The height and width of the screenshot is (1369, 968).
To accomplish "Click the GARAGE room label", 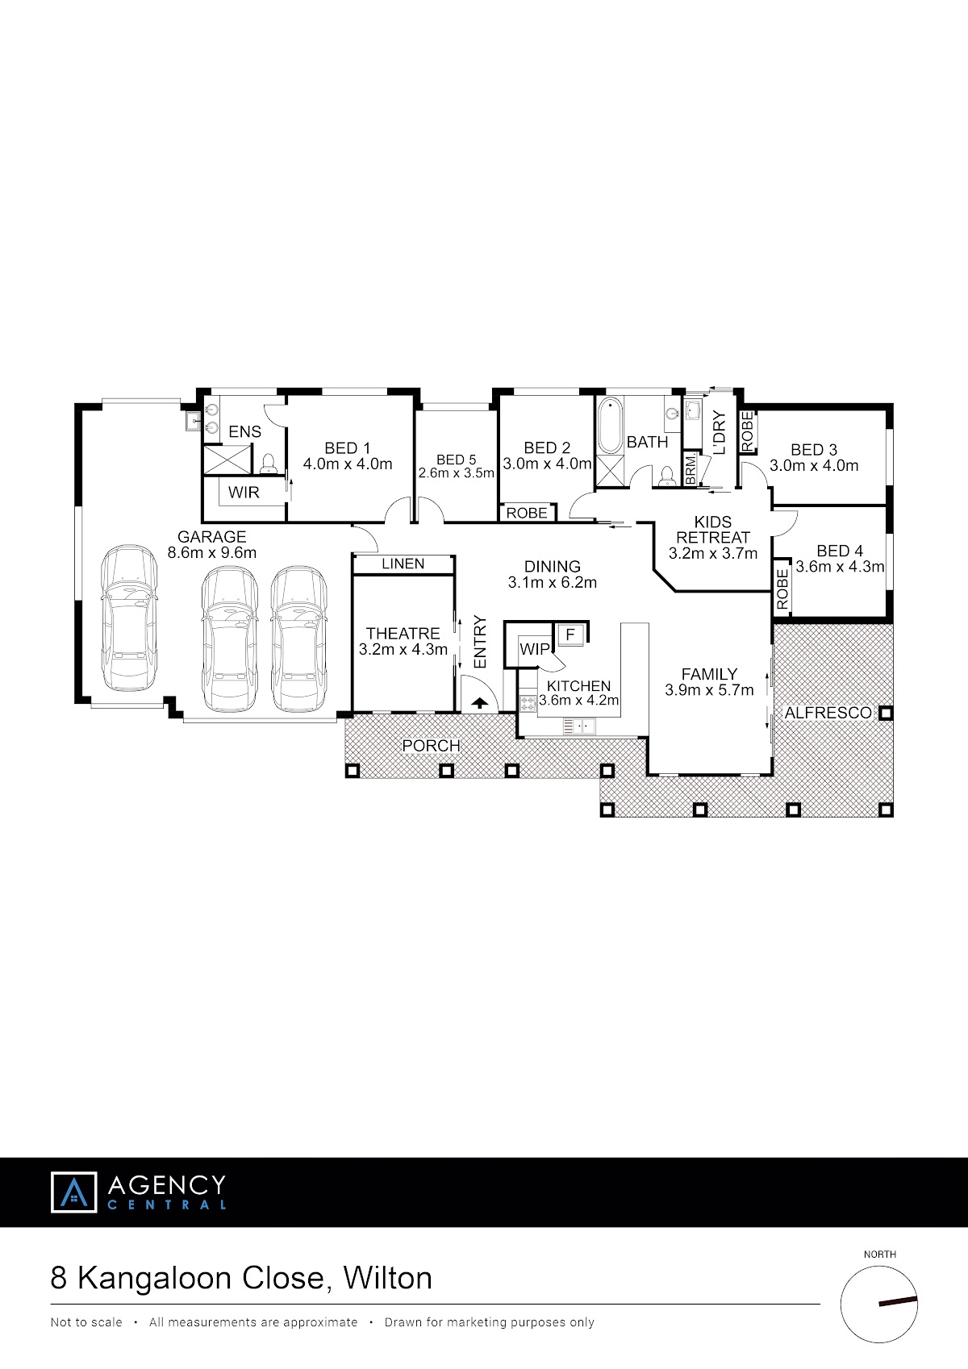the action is (x=211, y=537).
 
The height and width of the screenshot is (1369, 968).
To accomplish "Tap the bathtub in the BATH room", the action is (x=610, y=426).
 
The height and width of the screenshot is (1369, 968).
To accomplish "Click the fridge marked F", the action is (x=570, y=635).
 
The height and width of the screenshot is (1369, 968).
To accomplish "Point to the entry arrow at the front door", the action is (x=480, y=703).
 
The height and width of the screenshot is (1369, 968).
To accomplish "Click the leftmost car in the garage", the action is (x=129, y=618).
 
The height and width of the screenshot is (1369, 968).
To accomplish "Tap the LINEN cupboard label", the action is (x=403, y=564).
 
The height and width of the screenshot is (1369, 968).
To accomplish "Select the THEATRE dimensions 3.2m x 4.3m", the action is (x=403, y=649).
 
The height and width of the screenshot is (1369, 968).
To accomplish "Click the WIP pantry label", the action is (x=535, y=648).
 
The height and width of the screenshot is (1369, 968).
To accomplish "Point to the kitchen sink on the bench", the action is (x=579, y=726).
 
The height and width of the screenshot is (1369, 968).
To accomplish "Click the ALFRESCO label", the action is (x=828, y=713).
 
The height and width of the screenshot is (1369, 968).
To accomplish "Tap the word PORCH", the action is (x=431, y=746).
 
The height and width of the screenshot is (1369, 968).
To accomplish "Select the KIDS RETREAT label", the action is (x=713, y=530).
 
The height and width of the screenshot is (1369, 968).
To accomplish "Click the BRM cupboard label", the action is (x=691, y=471).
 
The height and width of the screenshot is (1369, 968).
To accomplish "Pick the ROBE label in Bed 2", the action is (x=527, y=513).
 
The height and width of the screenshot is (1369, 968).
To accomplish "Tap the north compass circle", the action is (x=878, y=1304).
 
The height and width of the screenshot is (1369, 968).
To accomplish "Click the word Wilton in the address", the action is (x=388, y=1278).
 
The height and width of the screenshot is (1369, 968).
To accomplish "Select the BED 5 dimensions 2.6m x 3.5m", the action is (x=457, y=473).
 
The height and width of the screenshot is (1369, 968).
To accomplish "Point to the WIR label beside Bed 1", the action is (x=244, y=492).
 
